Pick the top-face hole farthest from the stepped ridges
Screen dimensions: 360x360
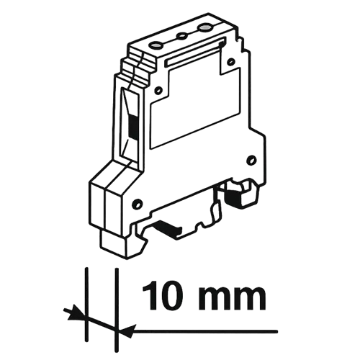(x=206, y=28)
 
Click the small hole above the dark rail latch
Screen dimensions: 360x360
(x=251, y=158)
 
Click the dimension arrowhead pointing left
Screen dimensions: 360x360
(x=125, y=330)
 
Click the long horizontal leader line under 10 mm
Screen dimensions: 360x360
(x=209, y=330)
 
